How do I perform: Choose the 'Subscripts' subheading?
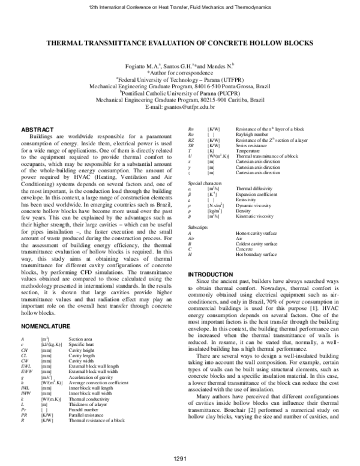coord(198,228)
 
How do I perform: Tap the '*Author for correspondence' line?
coord(181,71)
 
